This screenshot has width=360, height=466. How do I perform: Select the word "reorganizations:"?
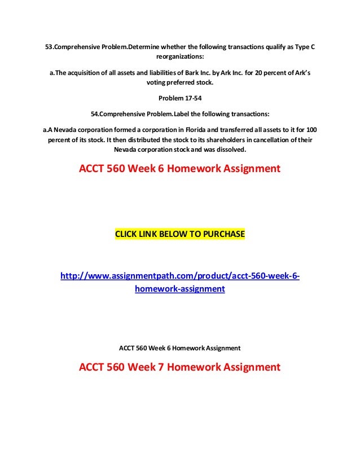click(180, 57)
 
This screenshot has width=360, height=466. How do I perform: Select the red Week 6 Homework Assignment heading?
click(179, 169)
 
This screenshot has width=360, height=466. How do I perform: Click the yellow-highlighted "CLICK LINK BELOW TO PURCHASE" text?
click(180, 234)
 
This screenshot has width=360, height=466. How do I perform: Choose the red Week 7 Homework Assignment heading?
click(179, 367)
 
